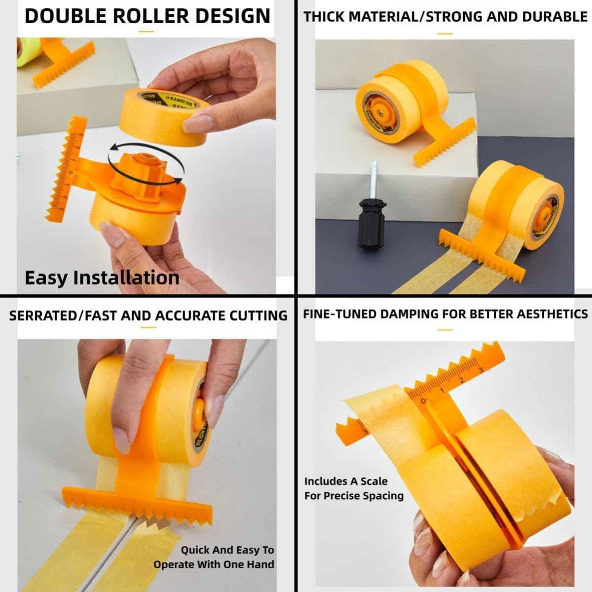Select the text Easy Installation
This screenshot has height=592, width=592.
coord(102,278)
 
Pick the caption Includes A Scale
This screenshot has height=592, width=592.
coord(346,481)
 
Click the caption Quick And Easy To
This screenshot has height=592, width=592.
coord(227,550)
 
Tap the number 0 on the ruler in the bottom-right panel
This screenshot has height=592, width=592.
coord(423,402)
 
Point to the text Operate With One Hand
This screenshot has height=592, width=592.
coord(214,564)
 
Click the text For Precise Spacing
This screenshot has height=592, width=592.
coord(354,496)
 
